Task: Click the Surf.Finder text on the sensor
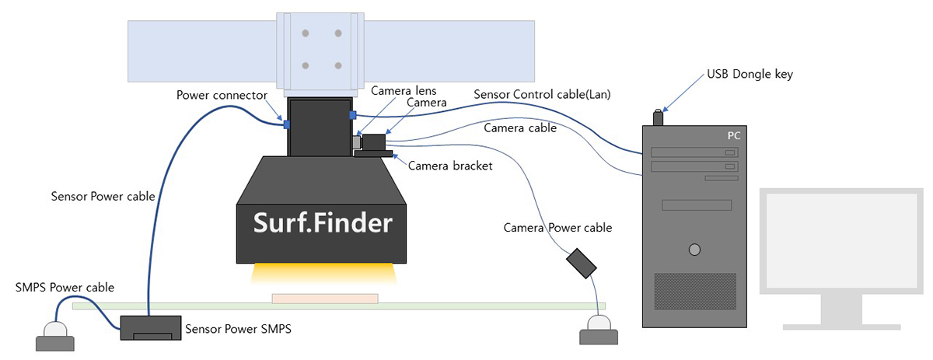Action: [x=323, y=223]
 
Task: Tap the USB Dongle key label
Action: [x=750, y=75]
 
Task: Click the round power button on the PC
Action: [x=694, y=250]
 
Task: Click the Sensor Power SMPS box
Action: [x=149, y=327]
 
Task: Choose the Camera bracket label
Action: [x=449, y=166]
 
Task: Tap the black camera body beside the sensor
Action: [x=376, y=142]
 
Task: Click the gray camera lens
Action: [x=357, y=143]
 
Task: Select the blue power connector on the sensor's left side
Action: [x=286, y=124]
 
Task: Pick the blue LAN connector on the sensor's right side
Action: [x=352, y=115]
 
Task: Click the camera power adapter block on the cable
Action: [x=581, y=263]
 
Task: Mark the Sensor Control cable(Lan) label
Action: [x=542, y=95]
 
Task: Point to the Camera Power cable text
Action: [x=557, y=228]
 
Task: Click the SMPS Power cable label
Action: [x=65, y=288]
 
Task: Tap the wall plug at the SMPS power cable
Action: [x=55, y=335]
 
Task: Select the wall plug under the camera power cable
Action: [x=599, y=329]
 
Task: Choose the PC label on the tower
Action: [x=733, y=136]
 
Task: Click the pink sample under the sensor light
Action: [x=325, y=298]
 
